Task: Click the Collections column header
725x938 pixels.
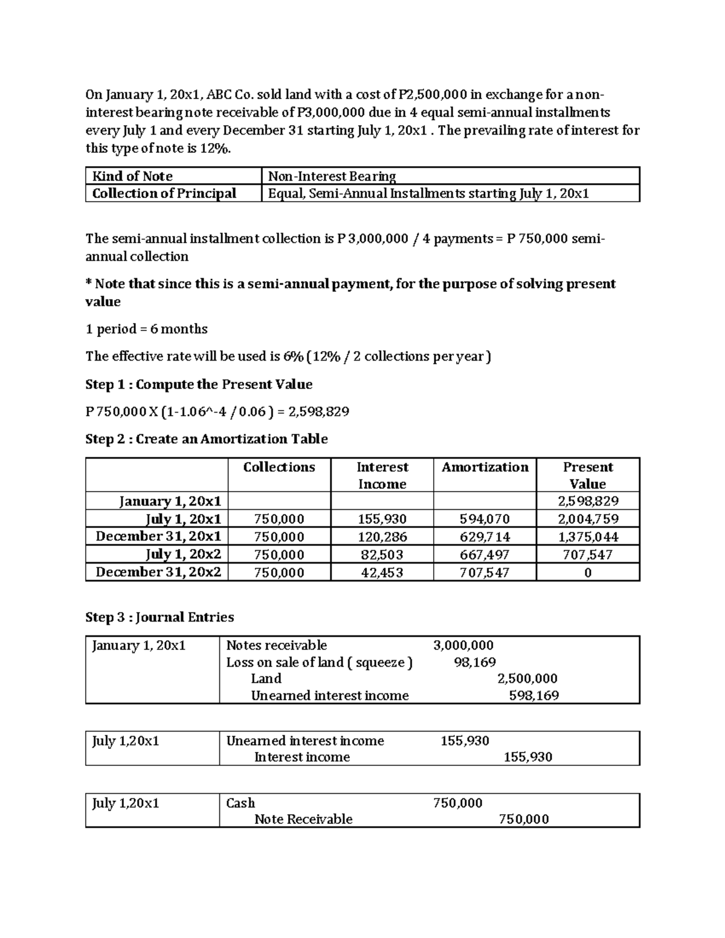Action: coord(279,467)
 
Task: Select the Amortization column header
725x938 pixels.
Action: coord(485,467)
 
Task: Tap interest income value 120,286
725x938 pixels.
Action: coord(382,537)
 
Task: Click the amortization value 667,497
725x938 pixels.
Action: coord(485,554)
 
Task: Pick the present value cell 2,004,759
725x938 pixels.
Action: coord(587,519)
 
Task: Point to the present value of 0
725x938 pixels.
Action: coord(588,573)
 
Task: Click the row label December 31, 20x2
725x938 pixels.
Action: coord(158,572)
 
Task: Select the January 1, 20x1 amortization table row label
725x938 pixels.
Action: coord(170,501)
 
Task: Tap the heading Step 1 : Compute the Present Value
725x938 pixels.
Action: coord(199,384)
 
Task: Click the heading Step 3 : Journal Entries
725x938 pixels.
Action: coord(159,617)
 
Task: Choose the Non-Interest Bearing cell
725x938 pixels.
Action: coord(332,176)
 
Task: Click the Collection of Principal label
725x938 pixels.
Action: coord(164,193)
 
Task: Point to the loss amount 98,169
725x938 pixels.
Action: coord(475,662)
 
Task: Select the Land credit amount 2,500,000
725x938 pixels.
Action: coord(527,678)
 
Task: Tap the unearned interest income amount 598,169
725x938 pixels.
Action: coord(534,695)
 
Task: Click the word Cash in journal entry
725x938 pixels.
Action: coord(240,803)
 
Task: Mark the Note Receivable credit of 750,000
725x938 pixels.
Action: coord(524,819)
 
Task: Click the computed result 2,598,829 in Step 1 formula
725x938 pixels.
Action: coord(320,412)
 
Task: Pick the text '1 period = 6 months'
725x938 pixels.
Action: coord(147,329)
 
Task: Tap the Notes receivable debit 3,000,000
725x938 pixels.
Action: coord(463,645)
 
